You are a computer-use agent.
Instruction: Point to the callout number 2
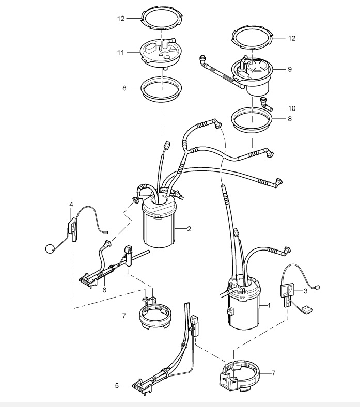point(189,228)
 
